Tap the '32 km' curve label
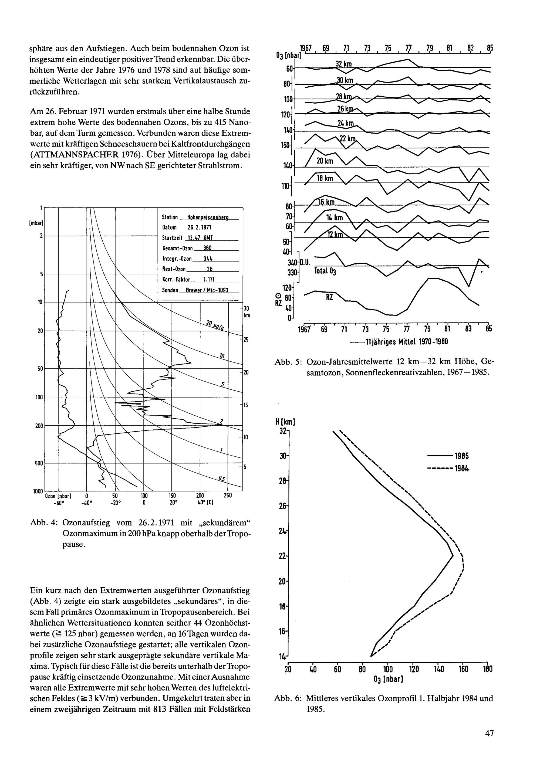344,65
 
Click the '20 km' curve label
325,161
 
